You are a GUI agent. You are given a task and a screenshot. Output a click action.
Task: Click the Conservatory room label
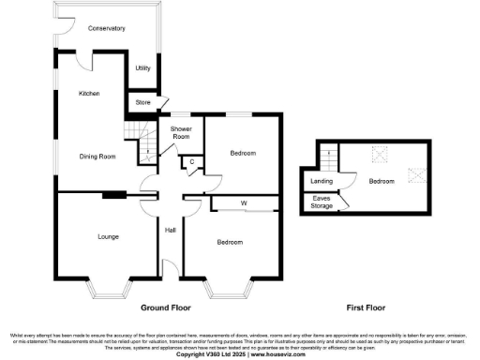[x=107, y=29]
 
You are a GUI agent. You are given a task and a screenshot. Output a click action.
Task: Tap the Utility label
[x=142, y=68]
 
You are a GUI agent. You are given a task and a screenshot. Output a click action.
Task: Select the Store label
[x=142, y=101]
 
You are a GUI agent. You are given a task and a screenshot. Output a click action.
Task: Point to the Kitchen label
[x=89, y=94]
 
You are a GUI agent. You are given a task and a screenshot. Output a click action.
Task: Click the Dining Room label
[x=97, y=157]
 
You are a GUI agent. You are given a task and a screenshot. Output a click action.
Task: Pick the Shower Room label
[x=182, y=131]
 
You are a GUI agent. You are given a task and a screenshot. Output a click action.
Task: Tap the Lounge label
[x=107, y=237]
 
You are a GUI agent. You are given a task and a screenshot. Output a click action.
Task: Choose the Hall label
[x=171, y=230]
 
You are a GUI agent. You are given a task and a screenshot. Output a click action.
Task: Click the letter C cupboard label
[x=191, y=162]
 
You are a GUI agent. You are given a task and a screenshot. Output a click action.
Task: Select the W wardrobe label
[x=243, y=202]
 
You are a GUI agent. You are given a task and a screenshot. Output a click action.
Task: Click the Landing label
[x=322, y=180]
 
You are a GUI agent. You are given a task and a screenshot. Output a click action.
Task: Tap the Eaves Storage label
[x=322, y=202]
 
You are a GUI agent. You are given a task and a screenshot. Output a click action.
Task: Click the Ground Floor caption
[x=165, y=307]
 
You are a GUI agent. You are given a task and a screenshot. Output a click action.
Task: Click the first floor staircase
[x=328, y=157]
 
